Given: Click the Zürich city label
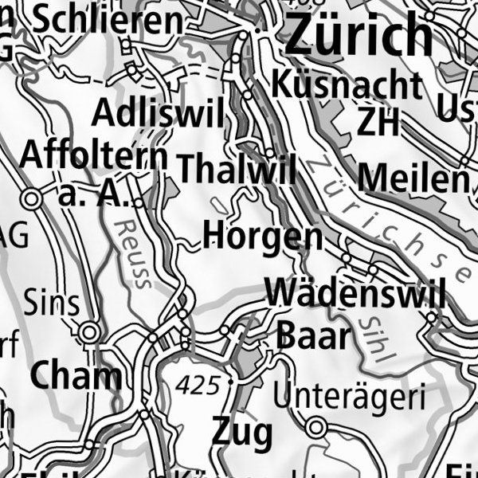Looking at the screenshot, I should click(358, 35).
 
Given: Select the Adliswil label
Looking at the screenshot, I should click(158, 114).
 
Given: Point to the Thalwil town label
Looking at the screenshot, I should click(237, 169).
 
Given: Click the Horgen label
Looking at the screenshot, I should click(263, 236).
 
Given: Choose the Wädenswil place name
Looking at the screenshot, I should click(355, 293).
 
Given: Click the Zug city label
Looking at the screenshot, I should click(242, 433).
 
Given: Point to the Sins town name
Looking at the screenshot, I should click(52, 304).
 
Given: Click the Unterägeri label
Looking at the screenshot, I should click(349, 394).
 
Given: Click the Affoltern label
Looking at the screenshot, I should click(94, 155).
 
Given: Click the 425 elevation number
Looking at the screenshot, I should click(199, 386).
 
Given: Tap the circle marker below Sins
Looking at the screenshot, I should click(90, 331).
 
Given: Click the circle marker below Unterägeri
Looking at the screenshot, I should click(316, 428).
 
